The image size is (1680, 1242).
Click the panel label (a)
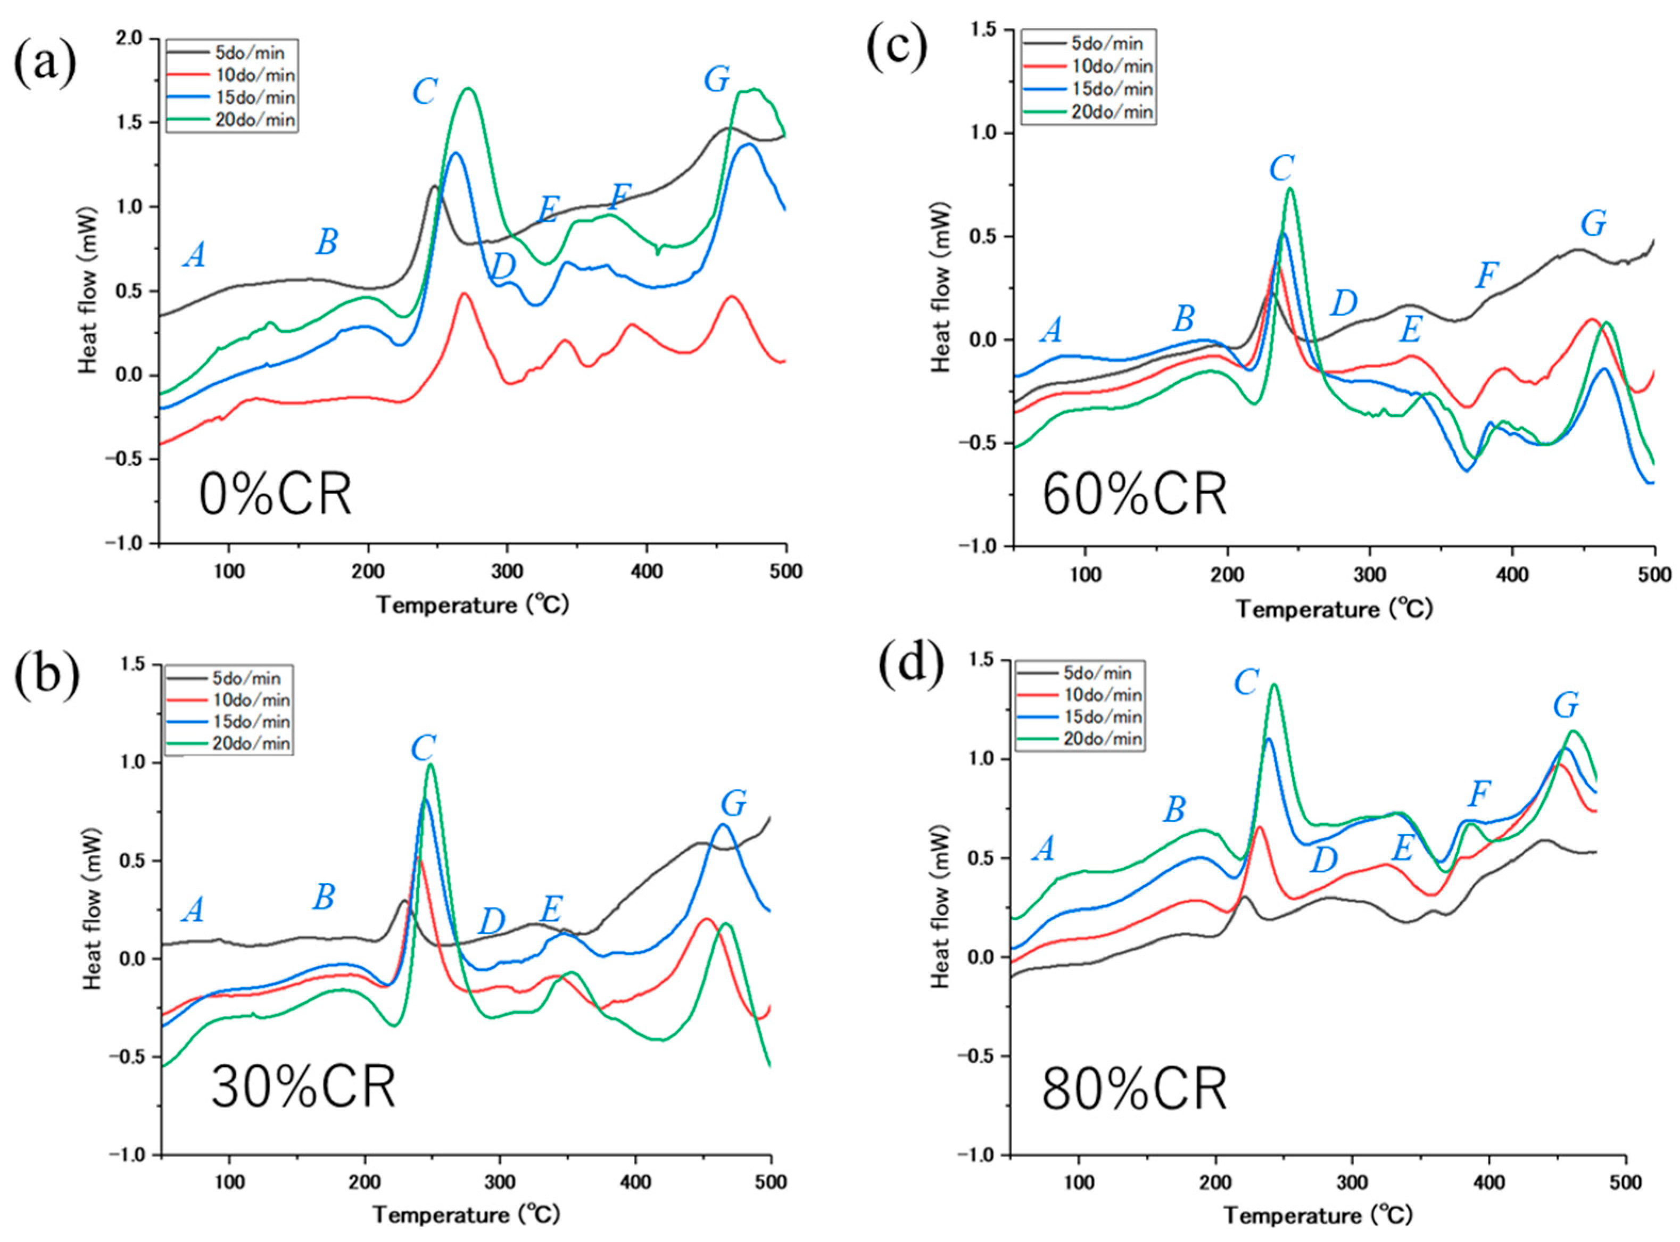pos(45,62)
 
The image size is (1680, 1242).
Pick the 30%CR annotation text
pos(303,1088)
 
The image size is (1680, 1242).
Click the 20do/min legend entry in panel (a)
pos(231,120)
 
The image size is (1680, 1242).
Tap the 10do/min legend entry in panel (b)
pos(228,700)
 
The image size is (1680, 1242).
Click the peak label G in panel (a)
pos(716,79)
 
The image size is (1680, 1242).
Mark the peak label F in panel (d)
pos(1479,794)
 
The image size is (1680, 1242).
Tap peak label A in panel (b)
pos(194,911)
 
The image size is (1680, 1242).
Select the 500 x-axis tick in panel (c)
pos(1654,576)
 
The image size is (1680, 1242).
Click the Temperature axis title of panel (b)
pos(467,1215)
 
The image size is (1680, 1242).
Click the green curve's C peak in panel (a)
pos(469,89)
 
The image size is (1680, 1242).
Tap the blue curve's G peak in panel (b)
pos(723,825)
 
